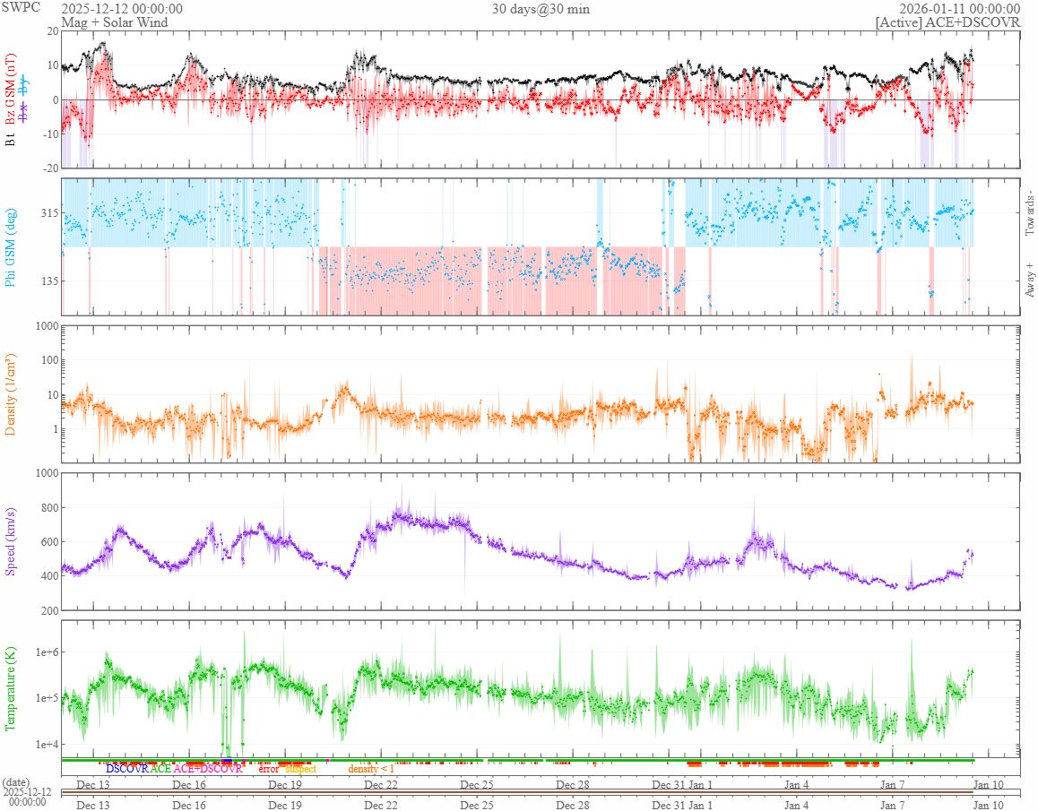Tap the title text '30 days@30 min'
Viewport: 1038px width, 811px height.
pos(541,9)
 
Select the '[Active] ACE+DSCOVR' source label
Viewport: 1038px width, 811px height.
pos(947,22)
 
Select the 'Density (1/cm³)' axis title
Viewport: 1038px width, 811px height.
pos(11,394)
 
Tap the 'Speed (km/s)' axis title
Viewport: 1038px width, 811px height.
pos(11,541)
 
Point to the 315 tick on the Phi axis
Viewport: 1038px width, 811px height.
pos(47,213)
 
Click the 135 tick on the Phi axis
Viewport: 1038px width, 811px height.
pos(47,280)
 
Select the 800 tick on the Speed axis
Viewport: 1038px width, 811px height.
pos(47,508)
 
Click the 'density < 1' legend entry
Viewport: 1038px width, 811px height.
pos(371,769)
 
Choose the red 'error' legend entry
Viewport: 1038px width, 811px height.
pos(268,769)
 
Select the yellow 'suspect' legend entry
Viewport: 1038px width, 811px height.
pos(300,769)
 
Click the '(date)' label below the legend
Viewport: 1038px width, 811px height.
pos(17,782)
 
